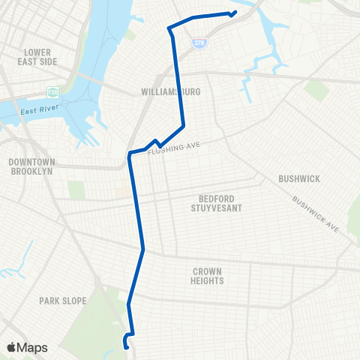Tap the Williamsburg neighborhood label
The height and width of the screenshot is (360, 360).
coord(171,91)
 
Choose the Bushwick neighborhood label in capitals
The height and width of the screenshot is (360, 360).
coord(299,178)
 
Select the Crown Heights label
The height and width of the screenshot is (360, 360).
coord(208,276)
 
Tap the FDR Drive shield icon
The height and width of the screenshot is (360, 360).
coord(52,92)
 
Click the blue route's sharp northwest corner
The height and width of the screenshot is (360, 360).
coord(169,28)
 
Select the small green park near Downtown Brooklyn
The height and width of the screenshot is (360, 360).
coord(76,189)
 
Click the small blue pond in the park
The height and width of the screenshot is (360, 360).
coord(117,344)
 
